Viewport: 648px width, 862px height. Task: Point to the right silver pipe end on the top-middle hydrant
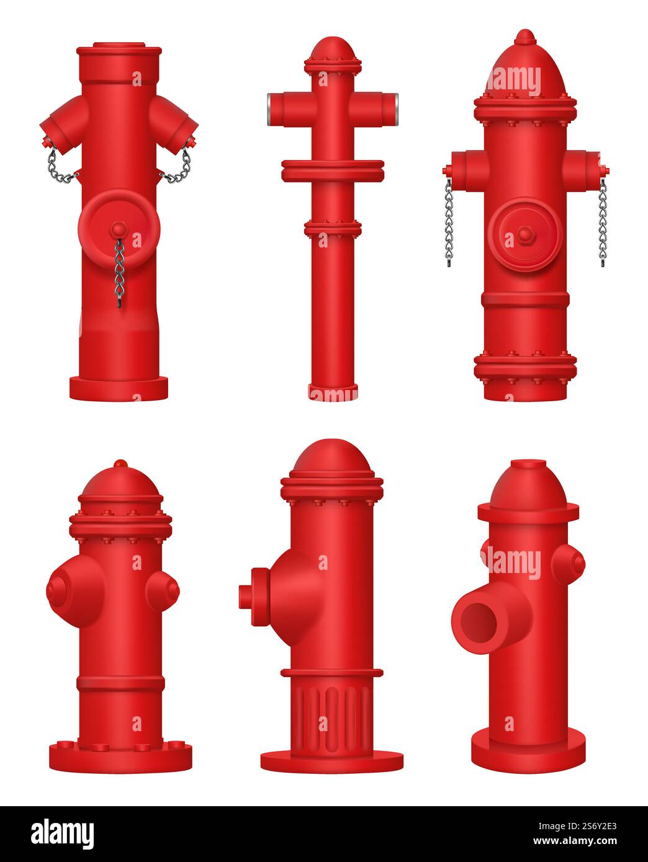pos(393,101)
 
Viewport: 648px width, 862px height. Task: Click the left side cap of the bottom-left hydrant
pos(60,588)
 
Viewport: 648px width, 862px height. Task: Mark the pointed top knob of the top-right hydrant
pos(525,36)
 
